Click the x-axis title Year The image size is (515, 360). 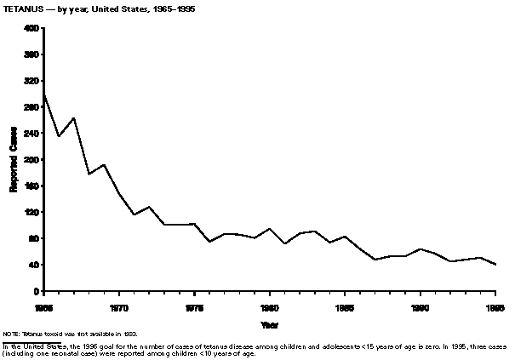[x=269, y=323]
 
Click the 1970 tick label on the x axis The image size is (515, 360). [x=119, y=305]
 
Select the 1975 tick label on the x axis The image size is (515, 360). [x=194, y=305]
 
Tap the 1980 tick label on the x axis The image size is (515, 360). [x=270, y=305]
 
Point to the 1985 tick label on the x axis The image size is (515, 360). [x=345, y=305]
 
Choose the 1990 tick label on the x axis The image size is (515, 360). [x=421, y=305]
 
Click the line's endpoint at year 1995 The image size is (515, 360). [x=496, y=265]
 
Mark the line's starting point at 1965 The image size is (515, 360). [x=43, y=95]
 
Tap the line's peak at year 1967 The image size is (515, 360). [x=74, y=117]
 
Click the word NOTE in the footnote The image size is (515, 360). [x=11, y=334]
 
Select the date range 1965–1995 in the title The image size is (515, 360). [x=169, y=9]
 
